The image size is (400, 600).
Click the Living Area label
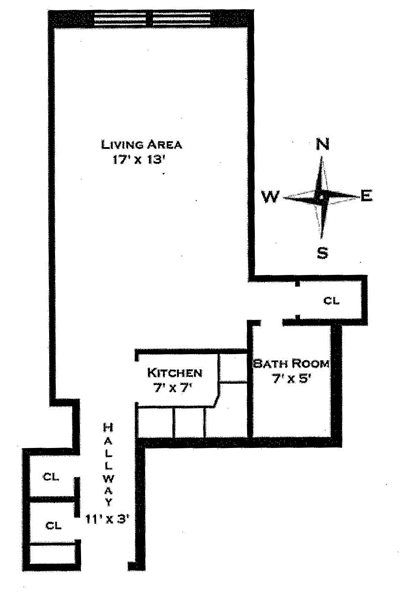pyautogui.click(x=141, y=145)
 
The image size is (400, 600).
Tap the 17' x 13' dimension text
pyautogui.click(x=138, y=159)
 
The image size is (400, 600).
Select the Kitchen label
pyautogui.click(x=175, y=372)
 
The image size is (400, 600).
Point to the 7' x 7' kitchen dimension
pyautogui.click(x=172, y=388)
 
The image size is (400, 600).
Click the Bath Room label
pyautogui.click(x=291, y=363)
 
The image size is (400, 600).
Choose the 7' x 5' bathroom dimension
pyautogui.click(x=291, y=379)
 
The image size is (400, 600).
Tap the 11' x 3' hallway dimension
pyautogui.click(x=108, y=519)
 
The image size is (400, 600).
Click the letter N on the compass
pyautogui.click(x=323, y=144)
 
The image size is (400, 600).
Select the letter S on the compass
pyautogui.click(x=322, y=253)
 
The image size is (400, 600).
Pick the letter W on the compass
pyautogui.click(x=271, y=197)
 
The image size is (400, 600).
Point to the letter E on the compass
pyautogui.click(x=366, y=196)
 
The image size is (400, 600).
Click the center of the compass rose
pyautogui.click(x=322, y=197)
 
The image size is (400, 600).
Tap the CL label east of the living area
pyautogui.click(x=331, y=300)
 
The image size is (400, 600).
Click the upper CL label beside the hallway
pyautogui.click(x=51, y=477)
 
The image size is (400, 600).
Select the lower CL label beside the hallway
pyautogui.click(x=53, y=525)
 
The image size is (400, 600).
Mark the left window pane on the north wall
pyautogui.click(x=121, y=19)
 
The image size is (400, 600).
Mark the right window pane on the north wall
pyautogui.click(x=181, y=19)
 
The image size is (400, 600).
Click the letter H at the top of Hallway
pyautogui.click(x=108, y=427)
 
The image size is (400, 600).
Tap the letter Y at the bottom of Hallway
pyautogui.click(x=108, y=502)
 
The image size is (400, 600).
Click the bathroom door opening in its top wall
pyautogui.click(x=272, y=323)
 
